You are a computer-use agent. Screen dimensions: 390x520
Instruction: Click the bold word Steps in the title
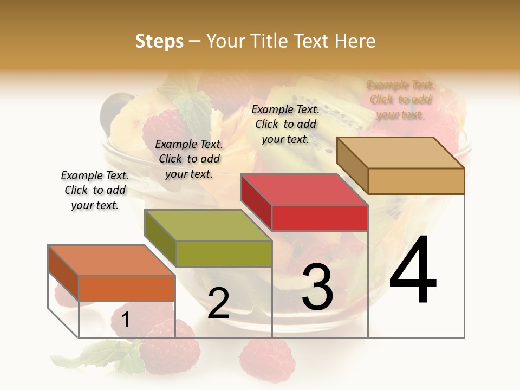pyautogui.click(x=159, y=41)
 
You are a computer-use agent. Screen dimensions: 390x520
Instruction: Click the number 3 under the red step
pyautogui.click(x=317, y=287)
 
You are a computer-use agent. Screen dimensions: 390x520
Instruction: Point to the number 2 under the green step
pyautogui.click(x=218, y=303)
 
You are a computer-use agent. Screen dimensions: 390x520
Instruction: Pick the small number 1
pyautogui.click(x=125, y=320)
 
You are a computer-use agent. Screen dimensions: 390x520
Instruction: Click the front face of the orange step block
pyautogui.click(x=127, y=288)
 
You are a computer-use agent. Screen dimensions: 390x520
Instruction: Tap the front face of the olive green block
pyautogui.click(x=223, y=253)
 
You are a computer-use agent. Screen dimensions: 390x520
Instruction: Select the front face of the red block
pyautogui.click(x=320, y=218)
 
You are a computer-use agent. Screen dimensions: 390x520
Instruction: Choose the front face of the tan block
pyautogui.click(x=416, y=181)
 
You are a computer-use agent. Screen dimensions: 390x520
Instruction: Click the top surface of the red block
pyautogui.click(x=303, y=190)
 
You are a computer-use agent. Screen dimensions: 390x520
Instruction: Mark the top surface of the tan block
pyautogui.click(x=400, y=152)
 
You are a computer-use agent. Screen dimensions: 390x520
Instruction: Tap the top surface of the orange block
pyautogui.click(x=111, y=261)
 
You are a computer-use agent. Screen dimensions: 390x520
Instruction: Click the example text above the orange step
pyautogui.click(x=95, y=190)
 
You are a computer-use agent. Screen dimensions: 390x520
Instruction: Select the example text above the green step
pyautogui.click(x=189, y=159)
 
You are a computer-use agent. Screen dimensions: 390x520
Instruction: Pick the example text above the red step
pyautogui.click(x=285, y=124)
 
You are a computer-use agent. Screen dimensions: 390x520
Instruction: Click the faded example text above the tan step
pyautogui.click(x=400, y=100)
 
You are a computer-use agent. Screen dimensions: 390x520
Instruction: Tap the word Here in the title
pyautogui.click(x=355, y=41)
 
